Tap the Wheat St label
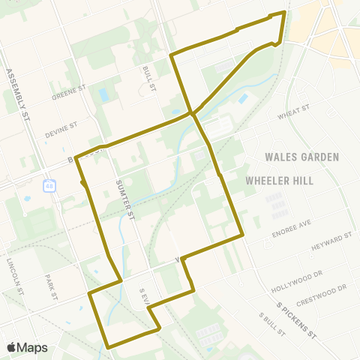click(x=293, y=112)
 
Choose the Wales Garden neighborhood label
click(x=302, y=157)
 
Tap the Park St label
click(x=50, y=286)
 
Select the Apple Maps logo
click(x=27, y=347)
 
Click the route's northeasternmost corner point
click(x=284, y=12)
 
